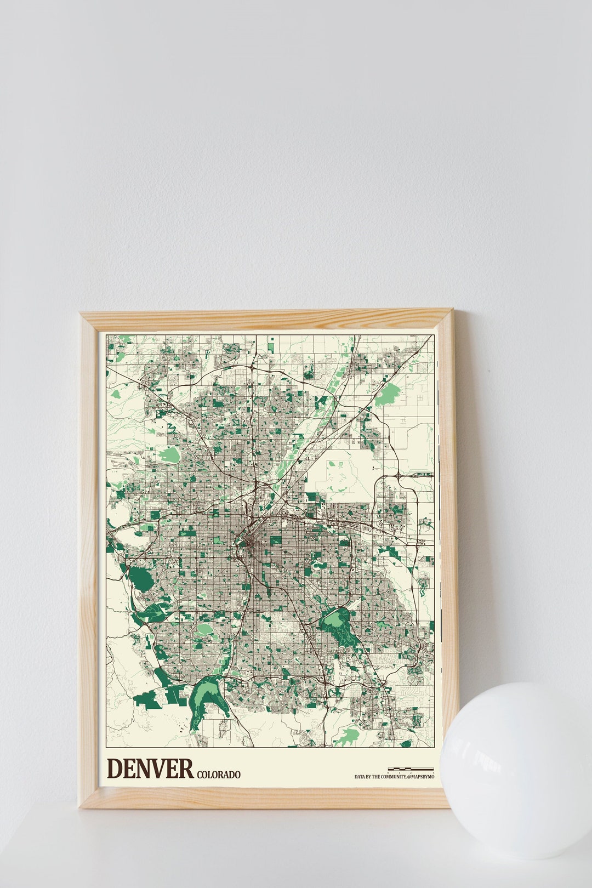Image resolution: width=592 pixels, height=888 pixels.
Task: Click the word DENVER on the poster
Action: [150, 769]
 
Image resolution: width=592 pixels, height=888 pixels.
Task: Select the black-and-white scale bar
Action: [411, 769]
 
